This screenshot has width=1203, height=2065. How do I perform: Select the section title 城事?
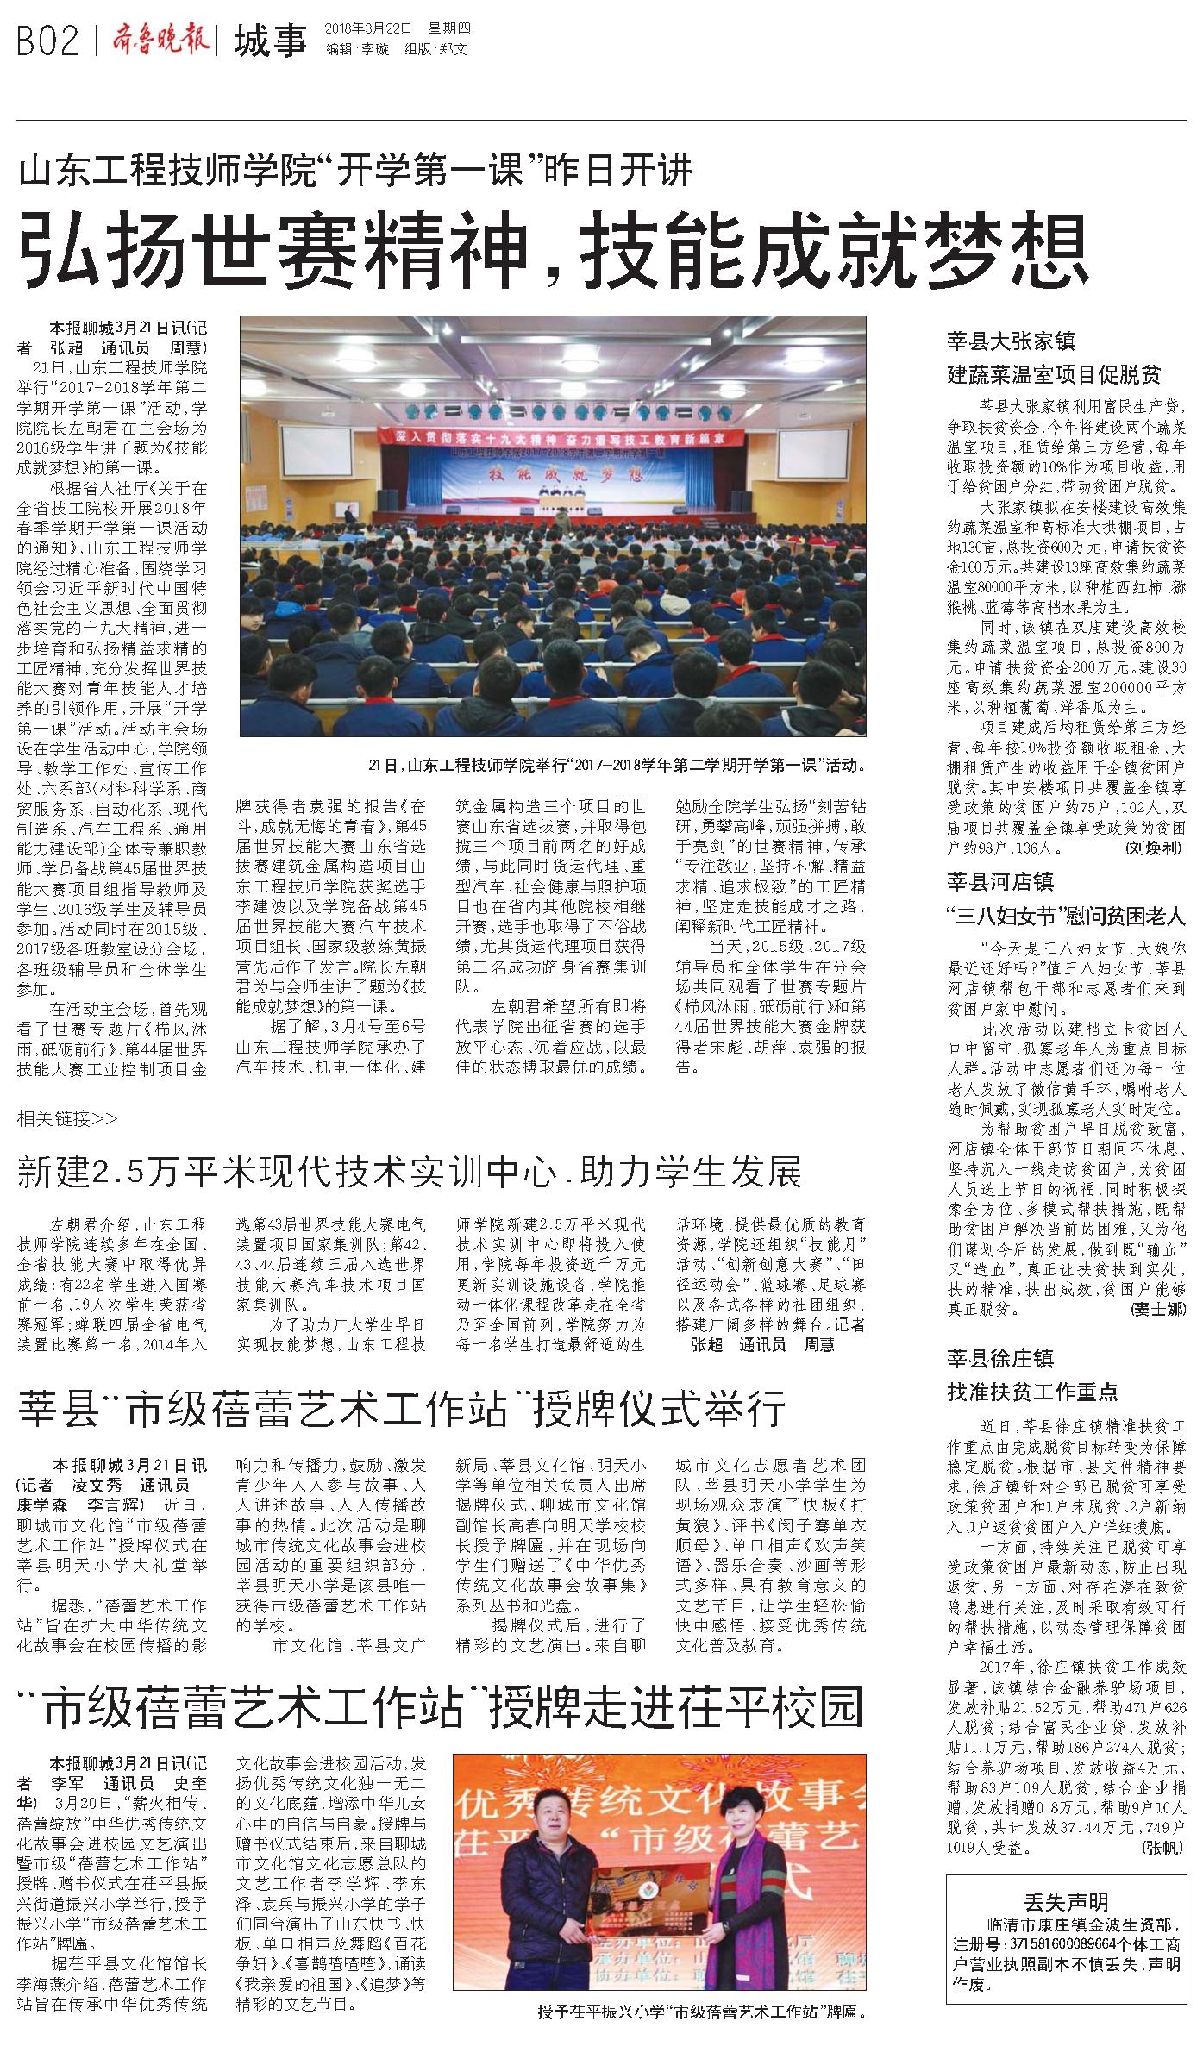point(270,41)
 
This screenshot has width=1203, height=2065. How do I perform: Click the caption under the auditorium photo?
point(616,764)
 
